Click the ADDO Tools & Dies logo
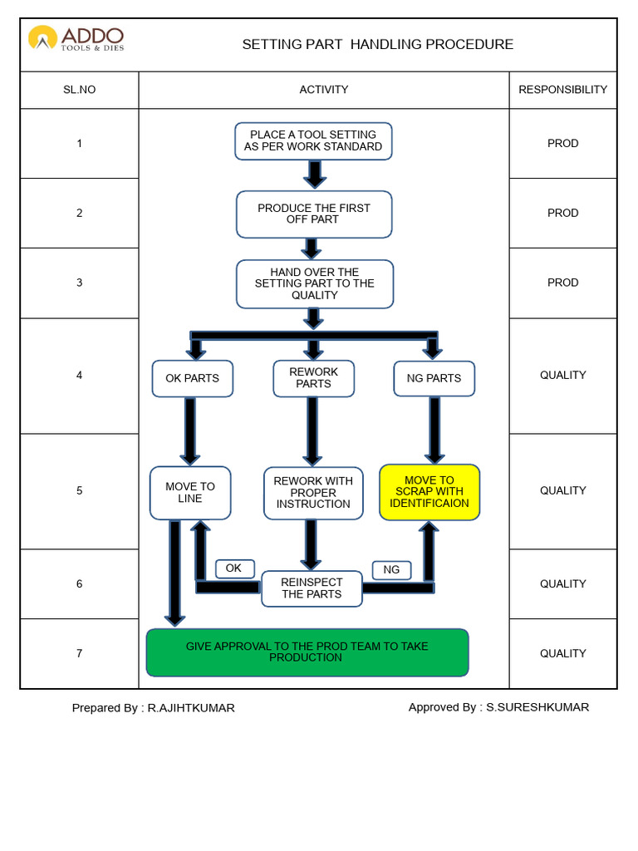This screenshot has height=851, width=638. [76, 38]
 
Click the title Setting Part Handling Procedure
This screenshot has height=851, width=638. [377, 45]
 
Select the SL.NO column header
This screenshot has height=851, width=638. [80, 90]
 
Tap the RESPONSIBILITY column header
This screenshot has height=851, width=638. [562, 90]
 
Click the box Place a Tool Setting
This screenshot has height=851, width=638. [313, 140]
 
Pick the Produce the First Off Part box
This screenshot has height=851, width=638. [313, 214]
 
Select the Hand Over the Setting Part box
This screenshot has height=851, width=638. [314, 283]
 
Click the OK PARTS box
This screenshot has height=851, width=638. [192, 378]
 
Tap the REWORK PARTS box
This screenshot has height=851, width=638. [313, 378]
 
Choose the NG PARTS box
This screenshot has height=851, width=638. [434, 378]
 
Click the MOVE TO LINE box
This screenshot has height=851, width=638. [190, 493]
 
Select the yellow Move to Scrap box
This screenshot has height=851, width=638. [429, 492]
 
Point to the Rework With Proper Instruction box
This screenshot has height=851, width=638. [313, 493]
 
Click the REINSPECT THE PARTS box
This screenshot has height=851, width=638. [312, 588]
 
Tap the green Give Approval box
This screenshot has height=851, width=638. [307, 652]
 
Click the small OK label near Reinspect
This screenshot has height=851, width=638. [234, 568]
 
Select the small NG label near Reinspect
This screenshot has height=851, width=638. [391, 569]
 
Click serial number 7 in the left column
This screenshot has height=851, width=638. [80, 653]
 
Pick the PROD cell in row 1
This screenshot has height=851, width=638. [562, 144]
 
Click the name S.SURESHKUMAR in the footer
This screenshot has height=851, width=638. [537, 707]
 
